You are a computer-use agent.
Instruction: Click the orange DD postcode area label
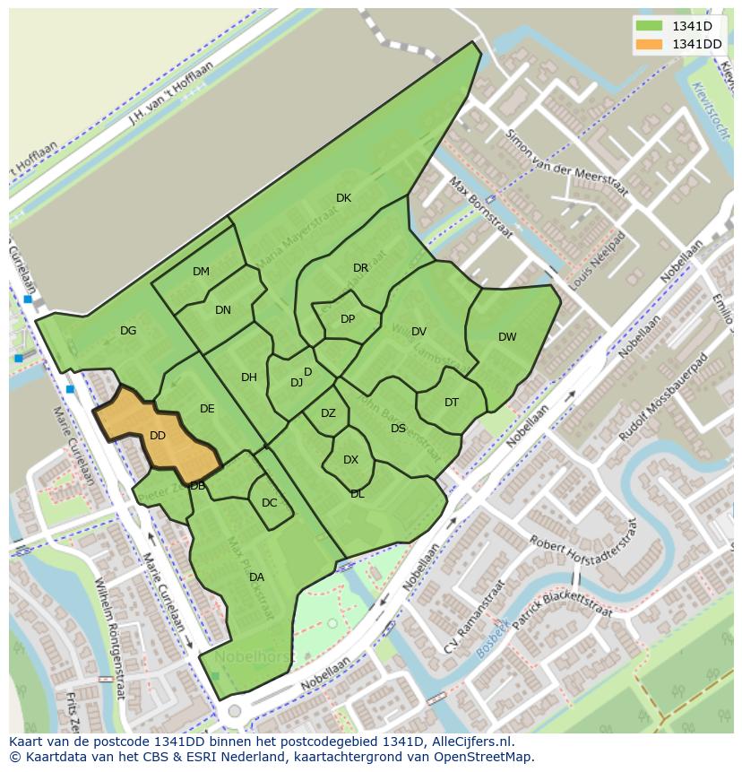pos(158,436)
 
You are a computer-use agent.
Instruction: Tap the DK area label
pos(343,198)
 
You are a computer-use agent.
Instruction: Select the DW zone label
pos(507,337)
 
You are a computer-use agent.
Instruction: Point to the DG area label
pos(128,331)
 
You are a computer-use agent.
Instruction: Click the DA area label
pos(256,577)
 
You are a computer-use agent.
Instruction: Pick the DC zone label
pos(269,503)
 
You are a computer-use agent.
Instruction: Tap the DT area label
pos(452,403)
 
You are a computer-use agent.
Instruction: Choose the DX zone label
pos(350,460)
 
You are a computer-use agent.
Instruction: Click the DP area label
pos(348,319)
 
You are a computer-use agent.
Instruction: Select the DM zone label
pos(201,272)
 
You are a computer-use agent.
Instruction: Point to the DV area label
pos(418,332)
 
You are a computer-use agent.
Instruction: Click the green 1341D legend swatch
pos(649,26)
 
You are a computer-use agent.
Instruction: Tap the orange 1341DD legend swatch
pos(649,44)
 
